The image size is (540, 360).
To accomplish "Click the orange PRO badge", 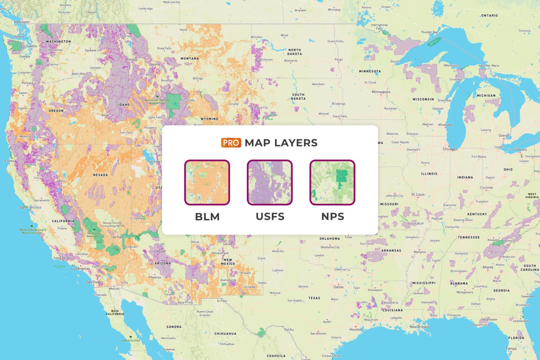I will (231, 143).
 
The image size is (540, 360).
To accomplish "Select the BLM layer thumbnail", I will (207, 182).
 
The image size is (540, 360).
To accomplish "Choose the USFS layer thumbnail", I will (270, 182).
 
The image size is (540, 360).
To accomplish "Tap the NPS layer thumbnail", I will (332, 182).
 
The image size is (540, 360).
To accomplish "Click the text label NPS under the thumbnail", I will (333, 217).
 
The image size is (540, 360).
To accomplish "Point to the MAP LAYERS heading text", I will (281, 143).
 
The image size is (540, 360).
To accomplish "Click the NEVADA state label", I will (101, 175).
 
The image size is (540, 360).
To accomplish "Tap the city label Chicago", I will (449, 149).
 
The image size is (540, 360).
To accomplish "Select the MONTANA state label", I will (190, 59).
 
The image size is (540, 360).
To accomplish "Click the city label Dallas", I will (339, 287).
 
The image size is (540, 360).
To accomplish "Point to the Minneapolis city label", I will (381, 92).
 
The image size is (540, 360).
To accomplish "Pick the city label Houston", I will (355, 329).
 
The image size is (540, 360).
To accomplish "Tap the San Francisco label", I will (30, 207).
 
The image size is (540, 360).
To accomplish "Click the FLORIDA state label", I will (516, 338).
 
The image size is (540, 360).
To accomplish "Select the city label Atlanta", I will (488, 267).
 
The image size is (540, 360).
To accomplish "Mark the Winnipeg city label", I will (334, 10).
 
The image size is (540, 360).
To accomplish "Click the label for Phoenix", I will (155, 277).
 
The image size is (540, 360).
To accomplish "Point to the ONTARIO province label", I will (489, 15).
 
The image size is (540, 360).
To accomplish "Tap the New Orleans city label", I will (419, 327).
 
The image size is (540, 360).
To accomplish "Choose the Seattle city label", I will (31, 46).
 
